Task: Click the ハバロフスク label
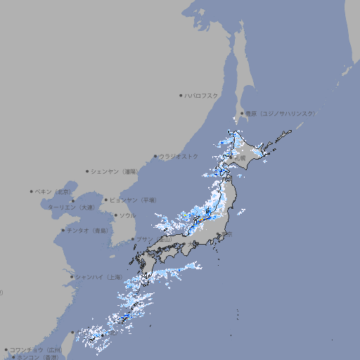(202, 95)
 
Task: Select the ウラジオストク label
(179, 156)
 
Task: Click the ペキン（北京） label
(53, 191)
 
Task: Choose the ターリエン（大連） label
(71, 207)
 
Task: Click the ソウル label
(127, 215)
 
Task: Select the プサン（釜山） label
(154, 239)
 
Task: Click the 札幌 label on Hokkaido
(240, 158)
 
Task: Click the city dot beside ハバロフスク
(181, 95)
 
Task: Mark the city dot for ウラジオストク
(155, 156)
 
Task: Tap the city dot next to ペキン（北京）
(32, 191)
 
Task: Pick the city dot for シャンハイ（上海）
(72, 276)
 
